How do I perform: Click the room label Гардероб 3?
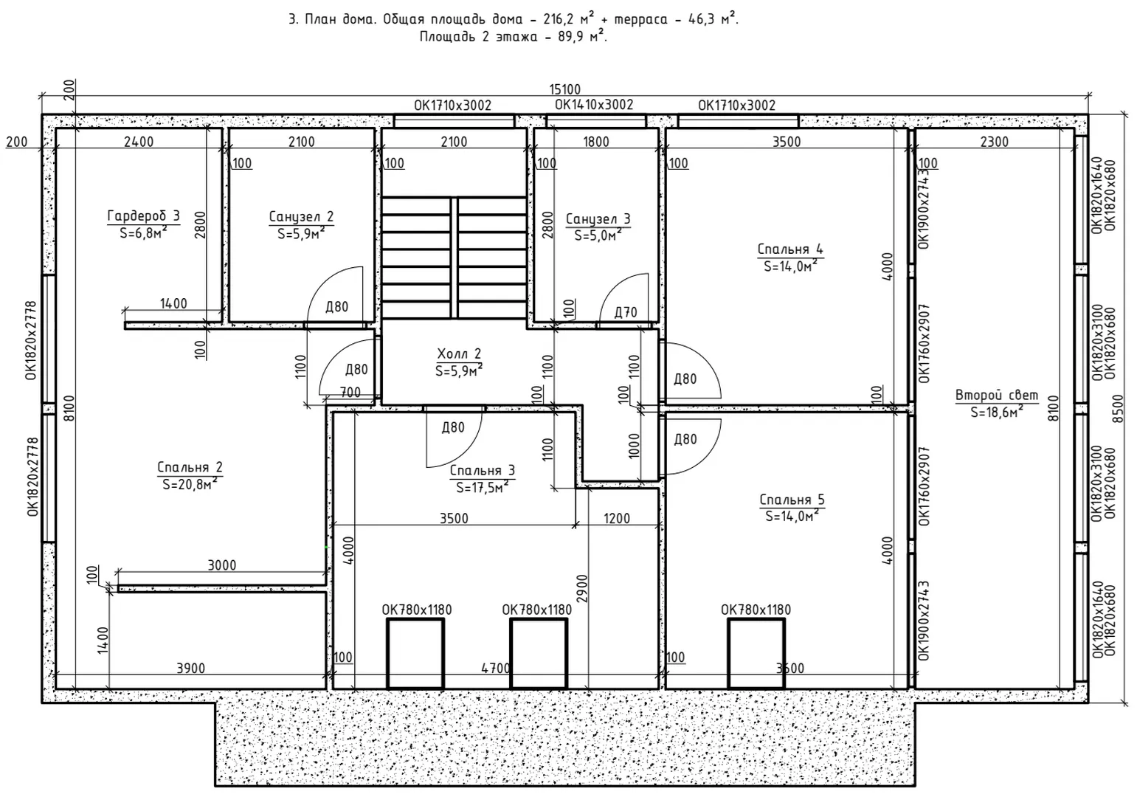tap(144, 216)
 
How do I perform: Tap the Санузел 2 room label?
tap(302, 217)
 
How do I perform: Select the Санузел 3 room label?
tap(598, 219)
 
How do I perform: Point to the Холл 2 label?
tap(459, 353)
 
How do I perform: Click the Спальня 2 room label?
tap(190, 467)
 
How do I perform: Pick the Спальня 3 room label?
tap(483, 471)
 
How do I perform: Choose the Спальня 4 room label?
tap(790, 249)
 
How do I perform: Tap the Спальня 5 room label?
tap(792, 500)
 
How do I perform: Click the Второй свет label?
tap(997, 395)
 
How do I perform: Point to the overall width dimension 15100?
tap(565, 90)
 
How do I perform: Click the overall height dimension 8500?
tap(1118, 409)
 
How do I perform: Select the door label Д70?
tap(626, 312)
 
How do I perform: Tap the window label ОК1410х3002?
tap(594, 105)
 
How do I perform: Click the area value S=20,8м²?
tap(190, 484)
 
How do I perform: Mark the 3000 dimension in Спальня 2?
tap(222, 565)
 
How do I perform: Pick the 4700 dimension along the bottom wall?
tap(495, 668)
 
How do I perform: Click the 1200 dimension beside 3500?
tap(617, 518)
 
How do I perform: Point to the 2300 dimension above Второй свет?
tap(995, 142)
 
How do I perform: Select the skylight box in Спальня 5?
tap(756, 654)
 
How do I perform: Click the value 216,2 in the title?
tap(559, 19)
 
